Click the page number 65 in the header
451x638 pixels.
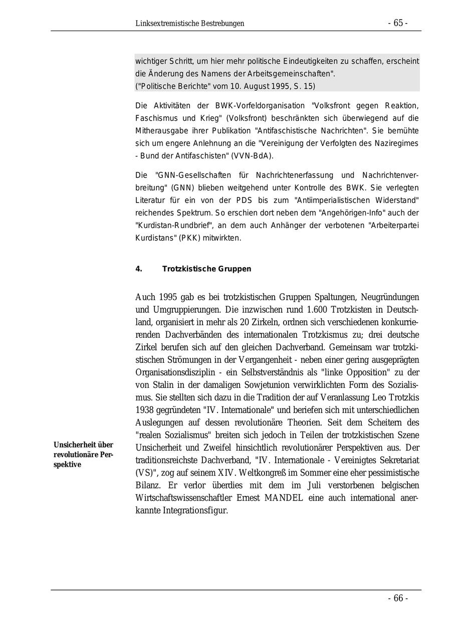pos(398,23)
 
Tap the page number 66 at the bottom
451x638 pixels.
pos(398,598)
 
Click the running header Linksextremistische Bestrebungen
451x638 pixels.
pos(190,24)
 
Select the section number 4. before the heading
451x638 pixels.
pos(139,269)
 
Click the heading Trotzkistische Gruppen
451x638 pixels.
pos(206,269)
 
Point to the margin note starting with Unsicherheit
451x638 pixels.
pos(84,455)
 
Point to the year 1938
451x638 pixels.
pos(145,410)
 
